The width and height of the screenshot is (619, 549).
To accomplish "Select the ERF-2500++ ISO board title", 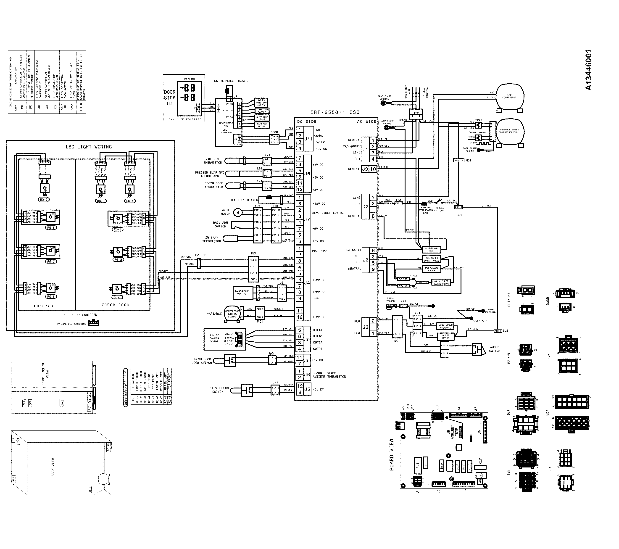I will coord(335,112).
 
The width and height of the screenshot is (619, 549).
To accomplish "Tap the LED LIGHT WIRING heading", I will coord(89,147).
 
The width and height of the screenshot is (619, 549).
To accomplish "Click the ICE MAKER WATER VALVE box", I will coord(432,259).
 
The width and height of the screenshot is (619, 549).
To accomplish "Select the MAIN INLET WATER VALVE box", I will coord(441,282).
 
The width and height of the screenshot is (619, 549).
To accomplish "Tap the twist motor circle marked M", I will coord(238,212).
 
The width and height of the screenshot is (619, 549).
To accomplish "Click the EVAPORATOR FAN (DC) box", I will coord(242,292).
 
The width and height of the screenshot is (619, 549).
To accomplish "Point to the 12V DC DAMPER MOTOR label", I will coord(214,338).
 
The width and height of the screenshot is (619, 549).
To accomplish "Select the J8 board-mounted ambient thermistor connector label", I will coord(307,374).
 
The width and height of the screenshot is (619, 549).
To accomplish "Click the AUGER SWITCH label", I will coord(495,349).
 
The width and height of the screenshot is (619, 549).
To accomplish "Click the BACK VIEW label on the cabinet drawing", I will coord(53,467).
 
